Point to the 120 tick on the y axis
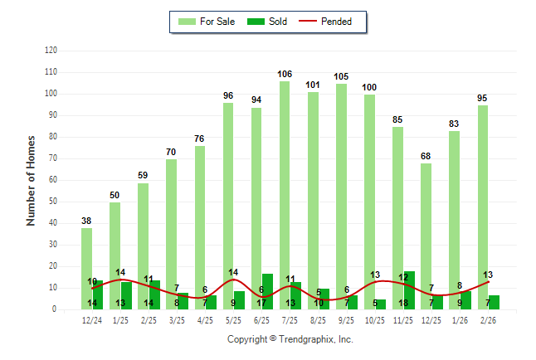pos(51,51)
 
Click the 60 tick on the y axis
pos(53,180)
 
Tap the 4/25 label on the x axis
pos(205,320)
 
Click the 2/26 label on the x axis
pos(488,320)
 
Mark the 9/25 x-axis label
pos(347,320)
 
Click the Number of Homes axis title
pos(31,180)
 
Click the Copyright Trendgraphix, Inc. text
pos(290,339)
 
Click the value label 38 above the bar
pos(87,221)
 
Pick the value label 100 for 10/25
pos(369,87)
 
